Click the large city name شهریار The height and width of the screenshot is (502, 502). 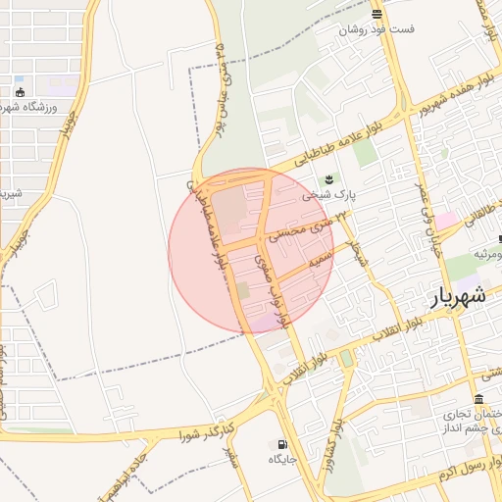[458, 294]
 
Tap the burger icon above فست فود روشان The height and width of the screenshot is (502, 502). [376, 13]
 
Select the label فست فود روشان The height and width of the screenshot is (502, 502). [376, 29]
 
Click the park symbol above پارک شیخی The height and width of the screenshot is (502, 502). [329, 177]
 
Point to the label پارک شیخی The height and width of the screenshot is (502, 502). [327, 195]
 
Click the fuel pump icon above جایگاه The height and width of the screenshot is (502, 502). [283, 443]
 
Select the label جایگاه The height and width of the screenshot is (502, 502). [282, 459]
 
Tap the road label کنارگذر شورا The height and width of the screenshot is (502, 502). [207, 428]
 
